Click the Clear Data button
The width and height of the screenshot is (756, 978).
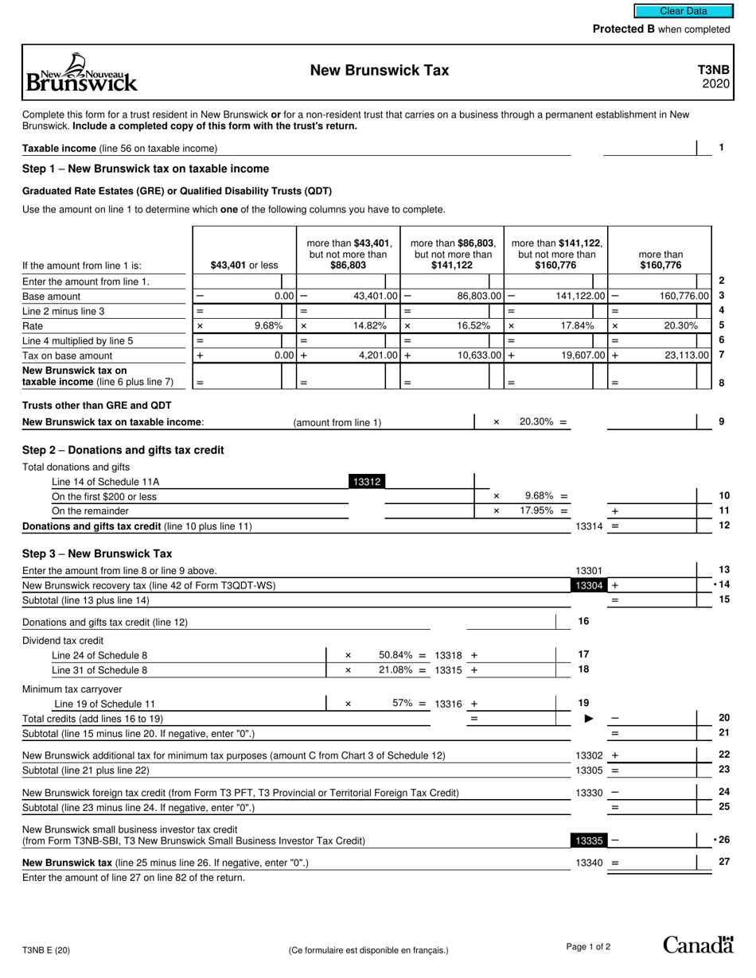coord(683,11)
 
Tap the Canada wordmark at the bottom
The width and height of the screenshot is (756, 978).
coord(698,945)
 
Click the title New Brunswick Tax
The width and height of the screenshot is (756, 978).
coord(379,71)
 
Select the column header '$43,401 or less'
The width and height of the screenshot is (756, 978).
coord(244,266)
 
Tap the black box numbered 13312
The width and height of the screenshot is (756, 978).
coord(366,481)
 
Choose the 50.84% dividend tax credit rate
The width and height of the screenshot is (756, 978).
coord(396,655)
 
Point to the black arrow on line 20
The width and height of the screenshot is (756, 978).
coord(589,719)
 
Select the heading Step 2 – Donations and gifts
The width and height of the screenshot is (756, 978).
coord(123,450)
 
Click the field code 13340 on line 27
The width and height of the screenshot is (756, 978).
coord(589,863)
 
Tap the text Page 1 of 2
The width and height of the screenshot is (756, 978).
coord(588,946)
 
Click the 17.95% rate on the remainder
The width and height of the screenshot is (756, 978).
coord(537,510)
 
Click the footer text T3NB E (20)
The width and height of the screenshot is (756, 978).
coord(51,949)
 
